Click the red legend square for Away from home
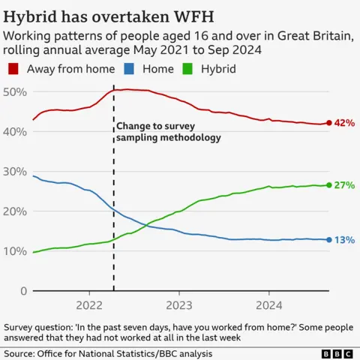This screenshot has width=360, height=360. pyautogui.click(x=13, y=68)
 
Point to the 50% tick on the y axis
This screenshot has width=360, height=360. pyautogui.click(x=15, y=91)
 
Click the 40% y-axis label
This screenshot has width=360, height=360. pyautogui.click(x=15, y=131)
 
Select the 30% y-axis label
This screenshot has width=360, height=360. pyautogui.click(x=15, y=172)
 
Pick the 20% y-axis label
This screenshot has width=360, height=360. pyautogui.click(x=15, y=211)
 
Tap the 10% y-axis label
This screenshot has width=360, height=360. pyautogui.click(x=15, y=251)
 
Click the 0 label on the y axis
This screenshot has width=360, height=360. pyautogui.click(x=23, y=291)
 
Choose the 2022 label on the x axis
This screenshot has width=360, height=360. pyautogui.click(x=89, y=305)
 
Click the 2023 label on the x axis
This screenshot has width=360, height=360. pyautogui.click(x=178, y=305)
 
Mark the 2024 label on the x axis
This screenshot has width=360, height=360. pyautogui.click(x=268, y=305)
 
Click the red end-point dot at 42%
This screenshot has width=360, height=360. pyautogui.click(x=328, y=123)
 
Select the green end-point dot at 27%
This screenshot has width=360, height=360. pyautogui.click(x=328, y=185)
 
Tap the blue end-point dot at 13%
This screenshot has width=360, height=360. pyautogui.click(x=328, y=240)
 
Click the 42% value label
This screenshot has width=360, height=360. pyautogui.click(x=344, y=123)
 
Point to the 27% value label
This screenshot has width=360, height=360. pyautogui.click(x=344, y=185)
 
